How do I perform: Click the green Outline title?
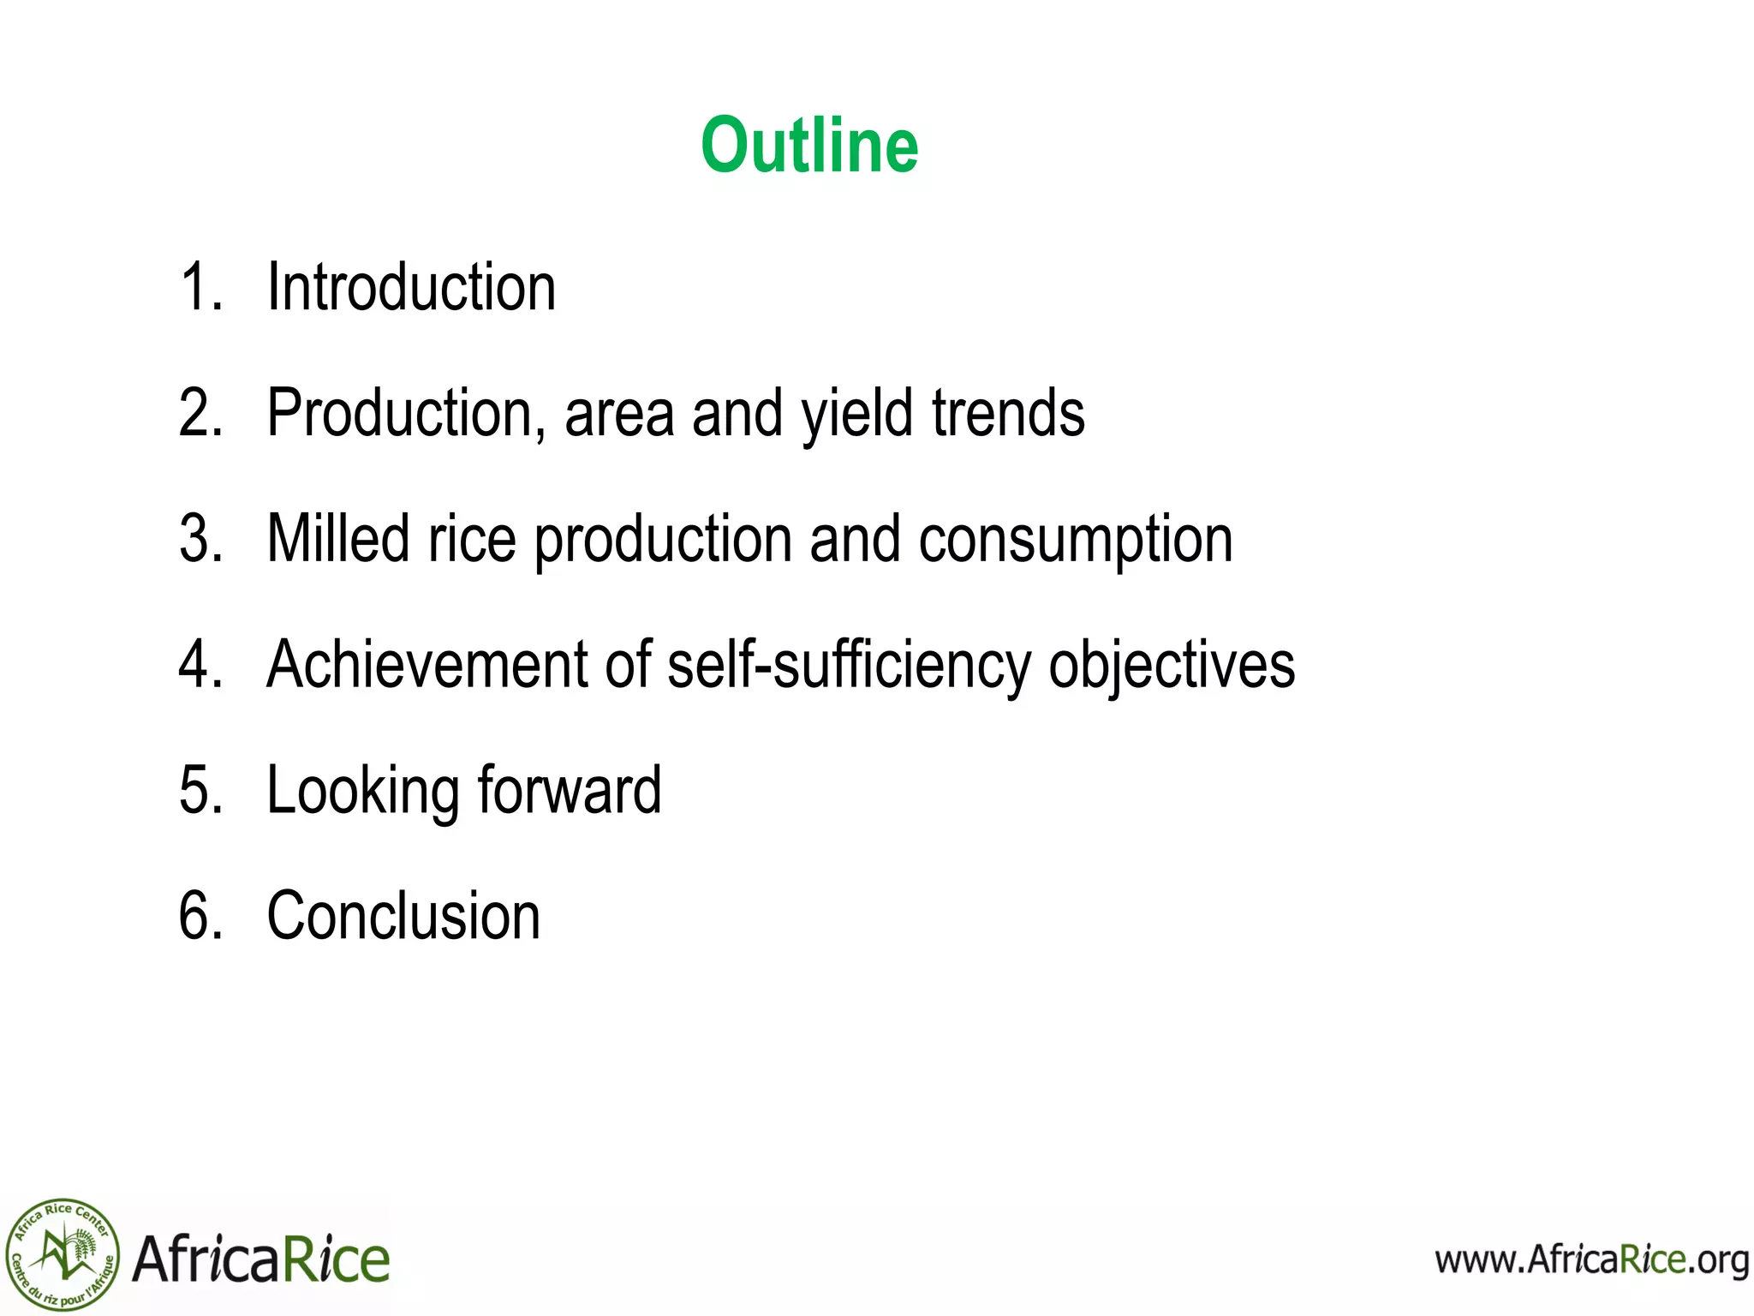point(809,146)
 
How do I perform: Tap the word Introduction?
point(411,287)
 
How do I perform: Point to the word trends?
point(1008,413)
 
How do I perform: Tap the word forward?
point(570,790)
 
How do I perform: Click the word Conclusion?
point(403,916)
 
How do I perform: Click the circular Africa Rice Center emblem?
point(62,1255)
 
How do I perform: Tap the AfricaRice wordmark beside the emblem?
point(261,1259)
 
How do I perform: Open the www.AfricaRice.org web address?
point(1591,1260)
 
